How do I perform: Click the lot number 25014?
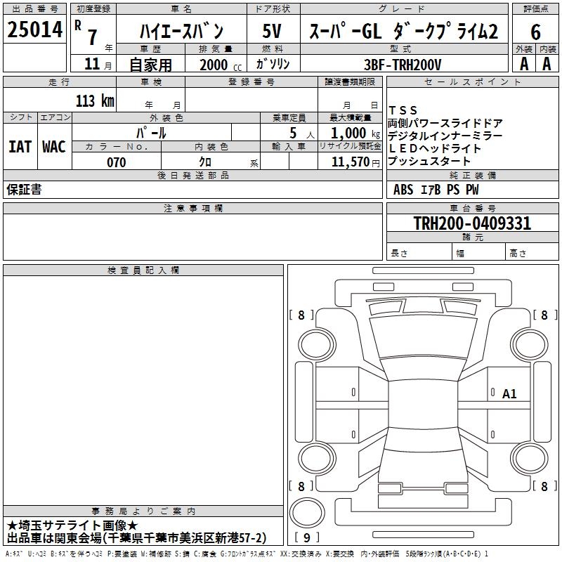(x=34, y=30)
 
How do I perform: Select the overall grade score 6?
(x=535, y=32)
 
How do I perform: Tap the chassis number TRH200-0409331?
(x=472, y=223)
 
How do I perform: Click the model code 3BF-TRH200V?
(x=403, y=65)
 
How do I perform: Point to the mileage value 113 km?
(x=95, y=100)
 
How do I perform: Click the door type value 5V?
(x=272, y=31)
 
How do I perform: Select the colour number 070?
(x=117, y=162)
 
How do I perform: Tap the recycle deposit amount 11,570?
(x=351, y=162)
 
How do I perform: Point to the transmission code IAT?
(x=20, y=147)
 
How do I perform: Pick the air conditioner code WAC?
(x=54, y=147)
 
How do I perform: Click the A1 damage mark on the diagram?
(x=509, y=394)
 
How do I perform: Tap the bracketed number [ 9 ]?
(x=307, y=537)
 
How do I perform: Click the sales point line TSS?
(x=403, y=110)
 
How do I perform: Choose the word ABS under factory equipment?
(x=403, y=190)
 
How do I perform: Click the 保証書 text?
(x=24, y=189)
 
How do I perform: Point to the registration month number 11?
(x=92, y=64)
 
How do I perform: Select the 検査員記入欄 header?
(x=143, y=270)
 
